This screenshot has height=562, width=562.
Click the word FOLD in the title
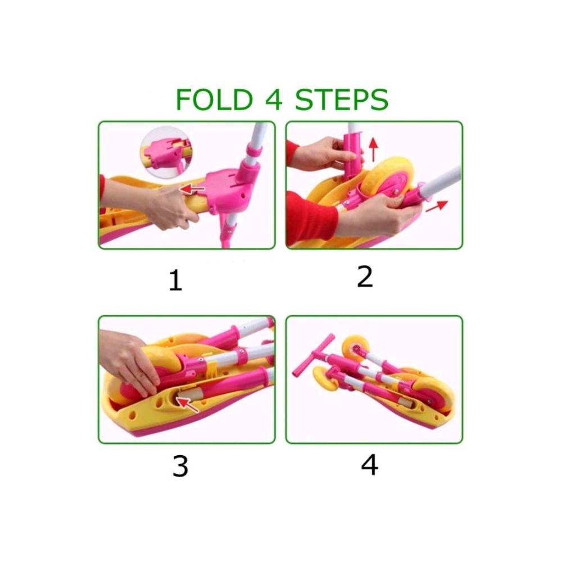pos(214,99)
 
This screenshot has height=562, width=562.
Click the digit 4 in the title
pos(274,99)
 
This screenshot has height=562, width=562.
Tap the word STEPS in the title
pos(342,99)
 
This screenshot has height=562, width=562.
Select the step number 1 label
pos(175,280)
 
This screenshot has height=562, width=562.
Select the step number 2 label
pos(365,277)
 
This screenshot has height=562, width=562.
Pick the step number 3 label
pos(180,466)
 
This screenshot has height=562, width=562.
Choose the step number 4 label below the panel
pos(369,465)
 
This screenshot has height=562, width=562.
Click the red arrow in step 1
pos(192,189)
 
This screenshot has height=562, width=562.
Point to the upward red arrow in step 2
pos(374,149)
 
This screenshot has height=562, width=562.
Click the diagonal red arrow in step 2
pos(437,206)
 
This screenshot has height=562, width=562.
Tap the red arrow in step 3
pos(187,404)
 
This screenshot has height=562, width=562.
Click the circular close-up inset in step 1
pos(166,152)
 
